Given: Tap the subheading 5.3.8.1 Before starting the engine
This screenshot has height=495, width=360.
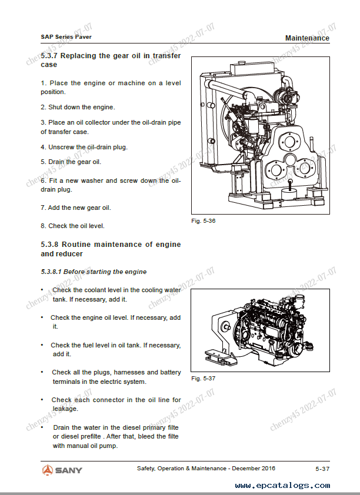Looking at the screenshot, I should (x=94, y=272).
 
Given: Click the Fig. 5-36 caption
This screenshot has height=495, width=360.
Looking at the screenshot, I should (x=204, y=220).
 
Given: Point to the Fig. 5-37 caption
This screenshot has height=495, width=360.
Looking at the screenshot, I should (x=204, y=379).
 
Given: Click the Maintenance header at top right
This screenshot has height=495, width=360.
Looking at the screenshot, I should (x=307, y=38).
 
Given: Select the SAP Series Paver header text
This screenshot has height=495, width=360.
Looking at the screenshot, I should (x=66, y=36).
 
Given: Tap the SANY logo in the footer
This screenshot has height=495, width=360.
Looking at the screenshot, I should (x=62, y=470).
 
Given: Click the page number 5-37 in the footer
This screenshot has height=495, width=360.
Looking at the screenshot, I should (x=322, y=469).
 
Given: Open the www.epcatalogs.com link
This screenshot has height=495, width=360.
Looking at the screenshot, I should (x=282, y=486).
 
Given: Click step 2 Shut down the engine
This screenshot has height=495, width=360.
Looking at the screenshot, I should (x=78, y=107).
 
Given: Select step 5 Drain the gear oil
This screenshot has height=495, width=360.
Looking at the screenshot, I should (x=71, y=162).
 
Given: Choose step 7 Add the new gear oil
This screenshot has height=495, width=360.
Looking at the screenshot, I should (x=75, y=208).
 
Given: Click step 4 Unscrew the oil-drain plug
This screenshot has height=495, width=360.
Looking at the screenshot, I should (x=84, y=147).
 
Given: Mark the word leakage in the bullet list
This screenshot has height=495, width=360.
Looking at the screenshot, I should (x=65, y=409).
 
